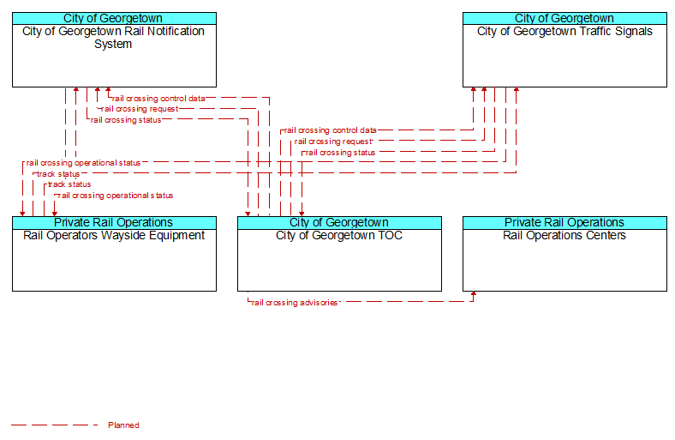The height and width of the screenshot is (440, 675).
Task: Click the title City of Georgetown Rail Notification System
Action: tap(113, 38)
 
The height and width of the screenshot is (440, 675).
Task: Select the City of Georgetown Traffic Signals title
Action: tap(564, 32)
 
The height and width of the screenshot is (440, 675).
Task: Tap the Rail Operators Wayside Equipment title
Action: tap(114, 236)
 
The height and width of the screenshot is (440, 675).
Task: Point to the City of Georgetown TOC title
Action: tap(339, 235)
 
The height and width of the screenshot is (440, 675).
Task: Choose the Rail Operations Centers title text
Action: tap(564, 235)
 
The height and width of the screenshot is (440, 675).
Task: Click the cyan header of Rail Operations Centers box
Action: tap(564, 223)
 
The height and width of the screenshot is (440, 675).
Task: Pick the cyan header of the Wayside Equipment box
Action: tap(114, 223)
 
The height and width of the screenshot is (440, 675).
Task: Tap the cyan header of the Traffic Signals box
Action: tap(564, 19)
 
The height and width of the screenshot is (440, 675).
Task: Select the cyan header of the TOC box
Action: tap(339, 223)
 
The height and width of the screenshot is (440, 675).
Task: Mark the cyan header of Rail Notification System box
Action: tap(114, 19)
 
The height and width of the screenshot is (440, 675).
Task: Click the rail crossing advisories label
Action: tap(295, 303)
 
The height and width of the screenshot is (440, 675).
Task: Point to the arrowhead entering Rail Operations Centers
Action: tap(474, 294)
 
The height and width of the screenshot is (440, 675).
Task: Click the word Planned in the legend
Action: tap(123, 425)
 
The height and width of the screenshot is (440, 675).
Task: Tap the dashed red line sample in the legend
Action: tap(55, 425)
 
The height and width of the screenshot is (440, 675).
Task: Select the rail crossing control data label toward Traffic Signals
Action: tap(330, 130)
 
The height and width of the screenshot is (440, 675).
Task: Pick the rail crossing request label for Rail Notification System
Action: tap(140, 109)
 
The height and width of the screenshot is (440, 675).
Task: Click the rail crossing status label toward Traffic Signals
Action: tap(340, 153)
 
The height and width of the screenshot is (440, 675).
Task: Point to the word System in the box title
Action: tap(113, 44)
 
